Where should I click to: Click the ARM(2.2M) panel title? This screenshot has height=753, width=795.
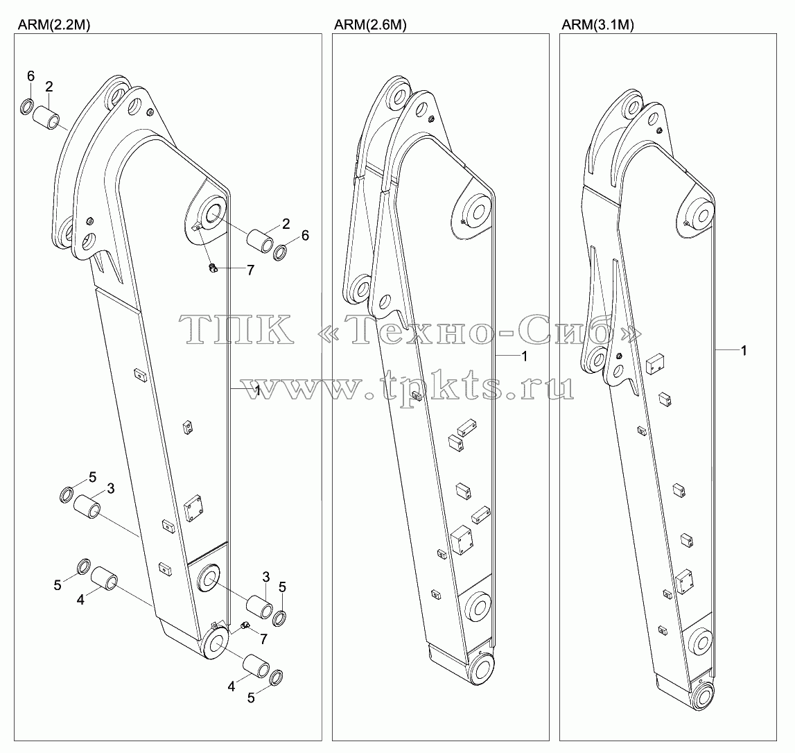54,25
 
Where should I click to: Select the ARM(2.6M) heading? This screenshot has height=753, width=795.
371,25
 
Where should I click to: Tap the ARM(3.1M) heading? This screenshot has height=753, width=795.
597,25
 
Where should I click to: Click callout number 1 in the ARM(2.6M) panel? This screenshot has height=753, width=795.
525,356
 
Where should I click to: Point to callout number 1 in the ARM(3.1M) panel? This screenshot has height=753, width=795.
744,350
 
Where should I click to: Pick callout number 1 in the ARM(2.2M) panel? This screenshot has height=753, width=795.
258,390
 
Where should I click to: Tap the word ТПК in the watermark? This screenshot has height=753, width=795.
236,329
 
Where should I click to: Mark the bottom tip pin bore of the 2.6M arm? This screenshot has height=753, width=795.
482,669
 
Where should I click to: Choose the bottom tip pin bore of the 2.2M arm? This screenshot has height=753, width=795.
215,643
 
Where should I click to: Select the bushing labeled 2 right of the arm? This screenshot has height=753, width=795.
260,237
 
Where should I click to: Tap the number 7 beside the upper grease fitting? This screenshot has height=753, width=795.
250,271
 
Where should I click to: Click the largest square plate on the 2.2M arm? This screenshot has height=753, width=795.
193,508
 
